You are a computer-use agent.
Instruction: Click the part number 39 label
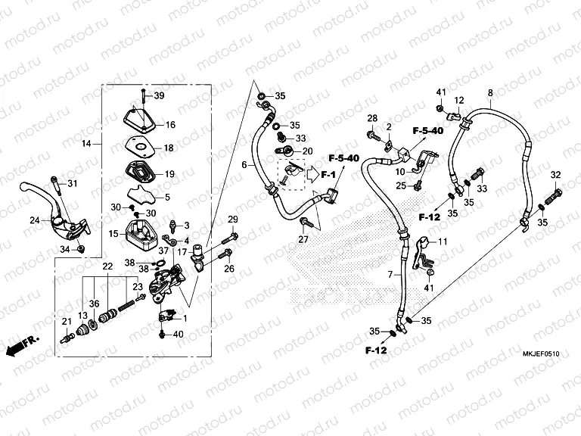point(159,95)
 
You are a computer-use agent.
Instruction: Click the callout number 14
point(86,143)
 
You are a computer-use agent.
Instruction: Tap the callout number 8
point(489,93)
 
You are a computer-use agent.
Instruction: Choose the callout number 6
point(244,165)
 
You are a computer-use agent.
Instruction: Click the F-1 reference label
point(328,175)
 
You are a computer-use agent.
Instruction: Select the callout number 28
point(372,118)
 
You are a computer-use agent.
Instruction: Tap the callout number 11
point(443,241)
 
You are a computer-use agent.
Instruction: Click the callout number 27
point(303,239)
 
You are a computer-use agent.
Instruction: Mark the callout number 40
point(179,334)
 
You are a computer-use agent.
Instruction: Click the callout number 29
point(233,220)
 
